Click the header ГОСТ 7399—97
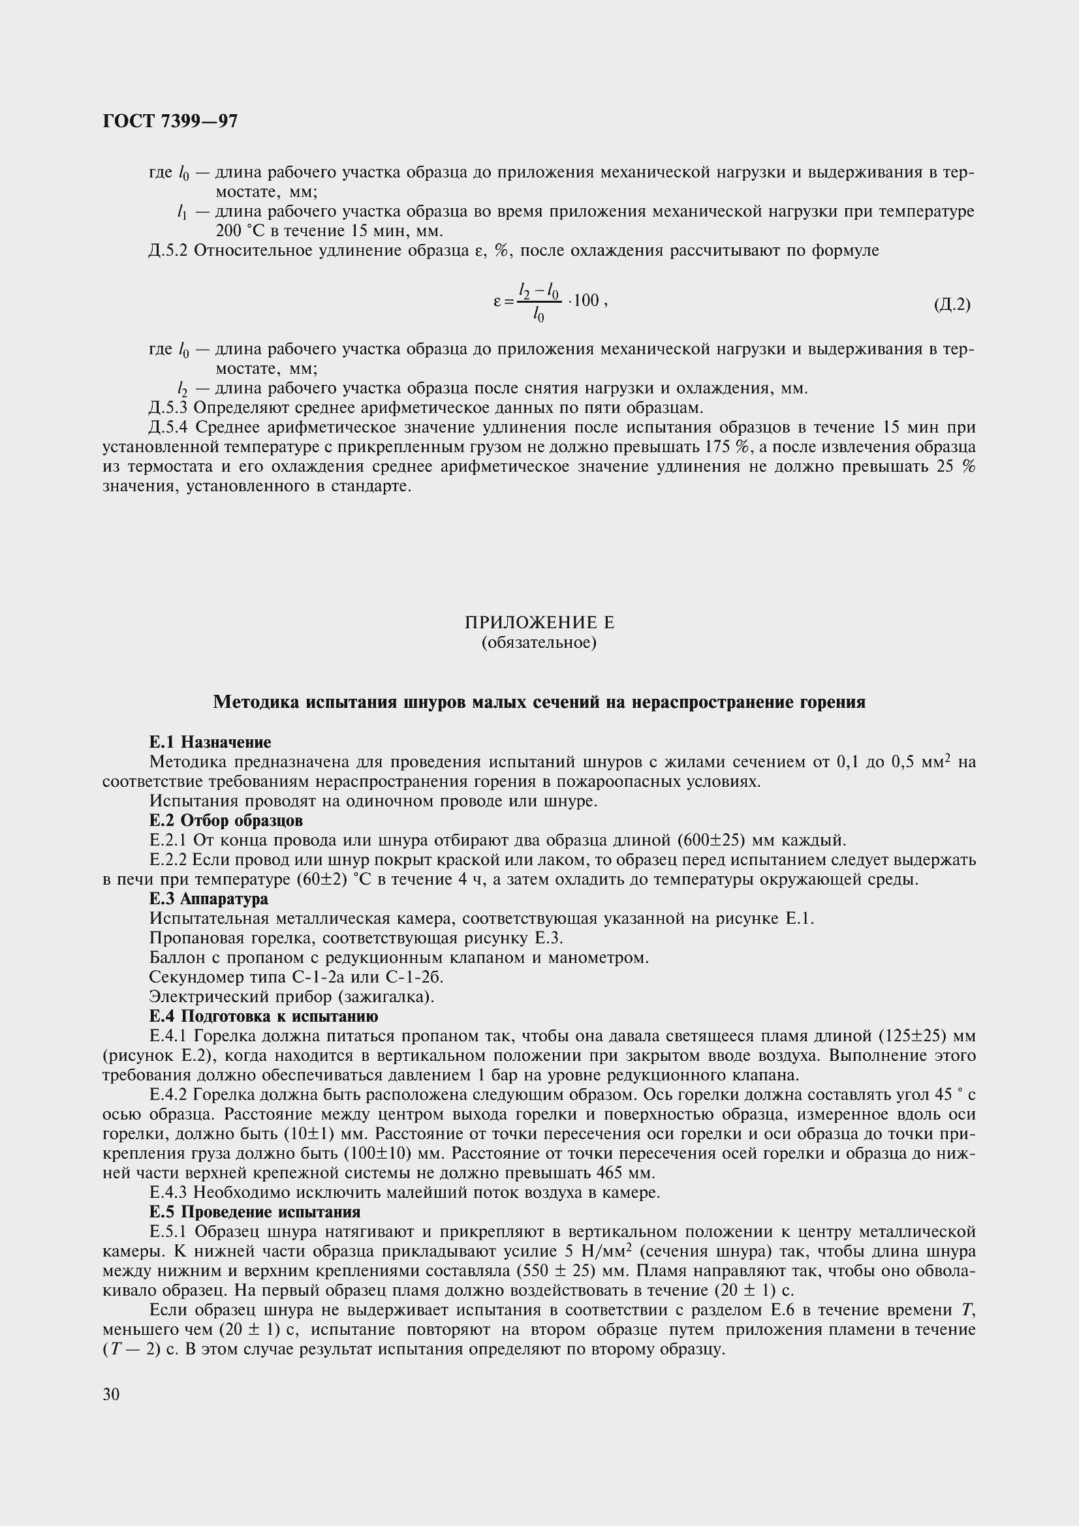pyautogui.click(x=170, y=121)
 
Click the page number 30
pyautogui.click(x=111, y=1394)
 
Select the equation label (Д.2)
pyautogui.click(x=952, y=305)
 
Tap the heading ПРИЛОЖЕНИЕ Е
pyautogui.click(x=539, y=623)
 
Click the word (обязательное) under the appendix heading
pyautogui.click(x=539, y=643)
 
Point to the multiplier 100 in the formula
pyautogui.click(x=586, y=300)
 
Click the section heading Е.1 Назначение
pyautogui.click(x=210, y=742)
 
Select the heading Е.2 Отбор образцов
pyautogui.click(x=226, y=820)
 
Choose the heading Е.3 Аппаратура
pyautogui.click(x=209, y=898)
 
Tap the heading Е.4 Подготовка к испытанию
pyautogui.click(x=264, y=1016)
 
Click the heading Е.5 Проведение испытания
pyautogui.click(x=255, y=1212)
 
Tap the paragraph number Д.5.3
pyautogui.click(x=169, y=407)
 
